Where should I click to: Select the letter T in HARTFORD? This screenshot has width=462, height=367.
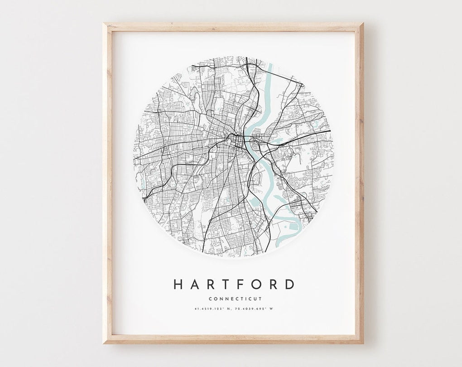pyautogui.click(x=226, y=285)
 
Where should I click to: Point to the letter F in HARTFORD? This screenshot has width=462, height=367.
pyautogui.click(x=241, y=285)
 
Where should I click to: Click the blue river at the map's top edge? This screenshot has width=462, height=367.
pyautogui.click(x=268, y=72)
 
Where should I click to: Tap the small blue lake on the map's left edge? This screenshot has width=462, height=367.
pyautogui.click(x=143, y=181)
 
